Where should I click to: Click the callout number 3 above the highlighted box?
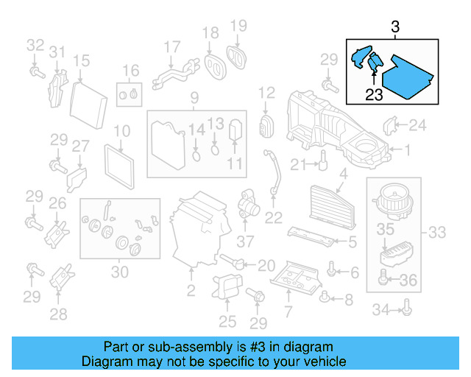(395, 27)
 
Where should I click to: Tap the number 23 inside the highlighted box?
(375, 94)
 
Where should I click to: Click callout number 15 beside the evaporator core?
(81, 61)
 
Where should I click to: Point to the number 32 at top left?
(35, 45)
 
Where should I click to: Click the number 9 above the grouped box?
(194, 98)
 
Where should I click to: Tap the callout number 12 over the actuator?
(266, 93)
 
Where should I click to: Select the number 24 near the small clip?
(417, 126)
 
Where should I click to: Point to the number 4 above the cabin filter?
(342, 175)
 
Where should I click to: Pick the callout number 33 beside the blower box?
(436, 233)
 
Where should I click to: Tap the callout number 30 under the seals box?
(119, 272)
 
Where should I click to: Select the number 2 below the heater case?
(191, 292)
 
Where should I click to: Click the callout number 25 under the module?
(227, 321)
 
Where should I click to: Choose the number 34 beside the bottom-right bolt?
(380, 311)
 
